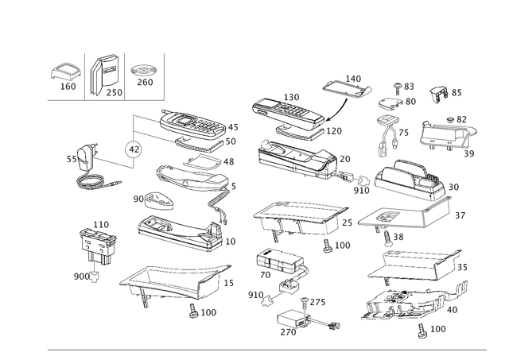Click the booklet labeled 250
[x=104, y=75]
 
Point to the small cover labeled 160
[x=66, y=72]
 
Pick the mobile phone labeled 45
[x=192, y=124]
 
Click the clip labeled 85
[x=439, y=94]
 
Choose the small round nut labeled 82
[x=451, y=119]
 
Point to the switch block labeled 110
[x=96, y=246]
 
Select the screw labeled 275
[x=305, y=304]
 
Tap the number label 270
[x=288, y=332]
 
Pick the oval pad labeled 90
[x=159, y=201]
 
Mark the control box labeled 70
[x=280, y=261]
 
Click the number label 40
[x=453, y=310]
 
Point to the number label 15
[x=228, y=283]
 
